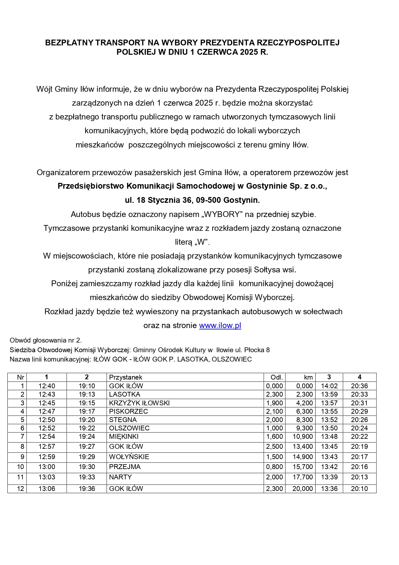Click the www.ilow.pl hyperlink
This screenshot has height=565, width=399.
(220, 325)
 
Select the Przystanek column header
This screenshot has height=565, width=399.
(125, 377)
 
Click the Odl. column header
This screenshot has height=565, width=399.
(277, 377)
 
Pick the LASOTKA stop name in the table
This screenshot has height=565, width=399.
(125, 394)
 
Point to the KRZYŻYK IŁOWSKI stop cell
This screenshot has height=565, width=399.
(139, 403)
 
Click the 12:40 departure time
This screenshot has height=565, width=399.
(47, 386)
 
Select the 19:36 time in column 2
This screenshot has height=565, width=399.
(87, 489)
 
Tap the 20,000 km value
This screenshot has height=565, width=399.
(302, 489)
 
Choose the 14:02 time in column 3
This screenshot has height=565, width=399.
(329, 386)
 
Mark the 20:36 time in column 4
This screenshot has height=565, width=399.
(359, 386)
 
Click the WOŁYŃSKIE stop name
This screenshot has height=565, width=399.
(129, 457)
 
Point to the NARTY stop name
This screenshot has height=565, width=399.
(120, 477)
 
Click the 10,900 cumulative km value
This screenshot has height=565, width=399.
(302, 437)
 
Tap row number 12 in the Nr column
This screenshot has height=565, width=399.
(20, 489)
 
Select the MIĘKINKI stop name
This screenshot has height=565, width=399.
(124, 437)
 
